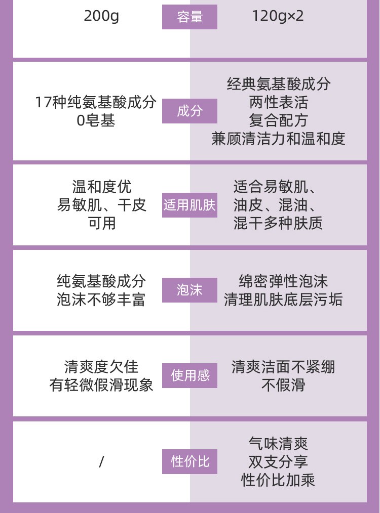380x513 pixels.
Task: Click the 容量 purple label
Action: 189,17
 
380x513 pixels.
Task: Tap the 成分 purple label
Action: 189,111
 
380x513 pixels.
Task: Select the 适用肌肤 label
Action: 189,205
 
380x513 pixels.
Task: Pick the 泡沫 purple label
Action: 189,290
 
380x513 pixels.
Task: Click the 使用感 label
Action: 189,375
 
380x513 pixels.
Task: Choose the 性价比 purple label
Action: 189,461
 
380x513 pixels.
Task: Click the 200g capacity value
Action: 101,16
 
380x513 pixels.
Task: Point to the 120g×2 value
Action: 278,16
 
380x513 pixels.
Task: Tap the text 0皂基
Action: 96,120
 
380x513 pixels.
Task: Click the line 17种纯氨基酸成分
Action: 96,102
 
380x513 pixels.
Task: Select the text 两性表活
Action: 278,102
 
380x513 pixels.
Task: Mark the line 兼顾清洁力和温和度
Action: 278,139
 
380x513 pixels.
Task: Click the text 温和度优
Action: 102,187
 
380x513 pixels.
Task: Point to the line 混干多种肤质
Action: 278,223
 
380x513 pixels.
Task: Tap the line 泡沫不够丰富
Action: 101,299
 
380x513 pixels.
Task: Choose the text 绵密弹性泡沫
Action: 283,281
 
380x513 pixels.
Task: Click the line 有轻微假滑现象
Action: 101,385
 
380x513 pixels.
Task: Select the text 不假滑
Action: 283,385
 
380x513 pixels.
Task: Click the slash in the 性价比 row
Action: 101,461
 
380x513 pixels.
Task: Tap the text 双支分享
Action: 278,461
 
